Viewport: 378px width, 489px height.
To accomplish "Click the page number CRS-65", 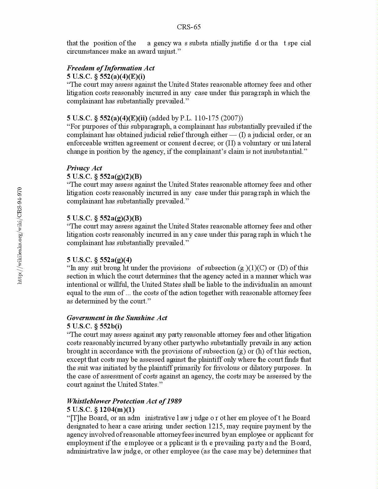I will pyautogui.click(x=189, y=27).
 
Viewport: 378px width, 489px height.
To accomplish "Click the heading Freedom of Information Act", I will pyautogui.click(x=111, y=68).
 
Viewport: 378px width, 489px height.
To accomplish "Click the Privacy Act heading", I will pyautogui.click(x=84, y=168).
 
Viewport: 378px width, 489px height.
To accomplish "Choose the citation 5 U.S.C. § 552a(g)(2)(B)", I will pyautogui.click(x=104, y=177).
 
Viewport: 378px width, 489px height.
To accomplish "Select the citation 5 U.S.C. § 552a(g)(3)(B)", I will pyautogui.click(x=104, y=218).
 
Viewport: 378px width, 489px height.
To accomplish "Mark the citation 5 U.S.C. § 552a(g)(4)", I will pyautogui.click(x=99, y=260).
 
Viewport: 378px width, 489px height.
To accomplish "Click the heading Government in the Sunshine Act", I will pyautogui.click(x=117, y=318).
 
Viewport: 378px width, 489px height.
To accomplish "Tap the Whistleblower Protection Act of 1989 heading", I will pyautogui.click(x=124, y=401).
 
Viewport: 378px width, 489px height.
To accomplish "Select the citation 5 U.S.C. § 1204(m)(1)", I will pyautogui.click(x=101, y=410).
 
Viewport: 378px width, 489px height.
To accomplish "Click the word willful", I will pyautogui.click(x=118, y=285).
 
